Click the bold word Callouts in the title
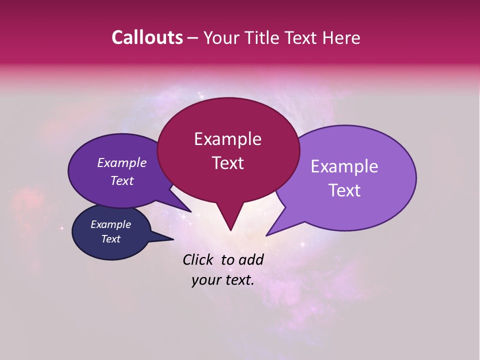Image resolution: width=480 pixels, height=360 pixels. click(x=147, y=38)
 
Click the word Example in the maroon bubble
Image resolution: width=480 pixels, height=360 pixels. click(x=227, y=139)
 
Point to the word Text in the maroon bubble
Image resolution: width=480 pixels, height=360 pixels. click(x=227, y=163)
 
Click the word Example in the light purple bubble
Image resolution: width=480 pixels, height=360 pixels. click(x=344, y=166)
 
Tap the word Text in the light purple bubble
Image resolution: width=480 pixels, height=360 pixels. click(x=344, y=190)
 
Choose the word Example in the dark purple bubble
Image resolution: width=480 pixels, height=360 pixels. click(x=122, y=162)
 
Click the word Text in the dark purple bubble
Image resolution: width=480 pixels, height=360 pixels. click(x=122, y=180)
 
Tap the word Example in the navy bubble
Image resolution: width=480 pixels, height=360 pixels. click(x=111, y=224)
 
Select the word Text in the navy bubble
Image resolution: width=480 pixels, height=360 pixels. click(x=111, y=239)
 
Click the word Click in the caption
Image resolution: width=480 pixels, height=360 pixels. click(x=198, y=259)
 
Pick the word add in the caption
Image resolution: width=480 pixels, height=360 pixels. click(x=251, y=259)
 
